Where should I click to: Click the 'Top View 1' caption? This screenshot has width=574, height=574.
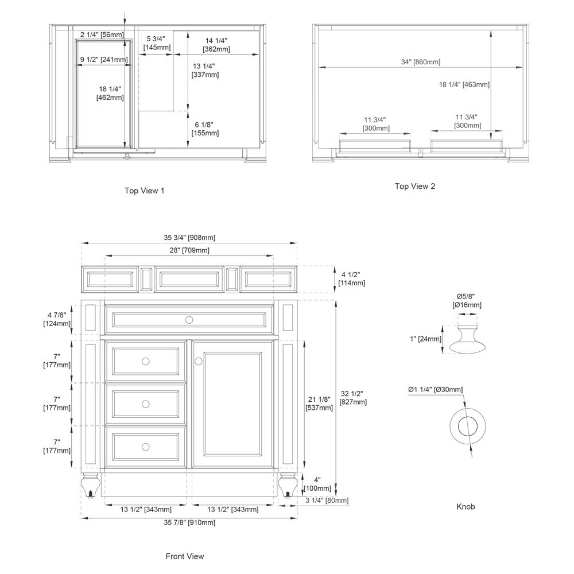click(144, 191)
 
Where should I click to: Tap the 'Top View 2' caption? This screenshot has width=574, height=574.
click(414, 186)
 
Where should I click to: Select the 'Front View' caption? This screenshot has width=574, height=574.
click(184, 556)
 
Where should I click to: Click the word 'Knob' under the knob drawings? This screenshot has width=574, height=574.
click(466, 507)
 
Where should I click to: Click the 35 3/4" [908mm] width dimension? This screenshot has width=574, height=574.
click(189, 238)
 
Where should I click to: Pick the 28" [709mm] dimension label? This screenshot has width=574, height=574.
click(189, 250)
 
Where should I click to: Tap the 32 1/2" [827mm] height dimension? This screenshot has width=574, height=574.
click(353, 398)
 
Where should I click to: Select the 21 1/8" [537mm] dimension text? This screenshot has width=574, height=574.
click(319, 404)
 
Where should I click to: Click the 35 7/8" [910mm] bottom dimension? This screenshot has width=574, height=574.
click(189, 522)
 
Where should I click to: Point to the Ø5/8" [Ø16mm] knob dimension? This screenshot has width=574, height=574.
click(466, 300)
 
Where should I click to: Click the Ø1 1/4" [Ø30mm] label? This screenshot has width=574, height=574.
click(435, 390)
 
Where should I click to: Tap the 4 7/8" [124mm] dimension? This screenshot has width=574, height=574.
click(57, 319)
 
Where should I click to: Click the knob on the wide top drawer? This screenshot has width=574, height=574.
click(189, 319)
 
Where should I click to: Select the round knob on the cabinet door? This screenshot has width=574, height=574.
click(199, 361)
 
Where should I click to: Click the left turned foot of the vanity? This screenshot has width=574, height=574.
click(91, 485)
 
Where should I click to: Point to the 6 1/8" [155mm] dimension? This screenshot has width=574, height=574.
click(205, 129)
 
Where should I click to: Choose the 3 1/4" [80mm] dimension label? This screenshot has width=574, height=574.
click(327, 501)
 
